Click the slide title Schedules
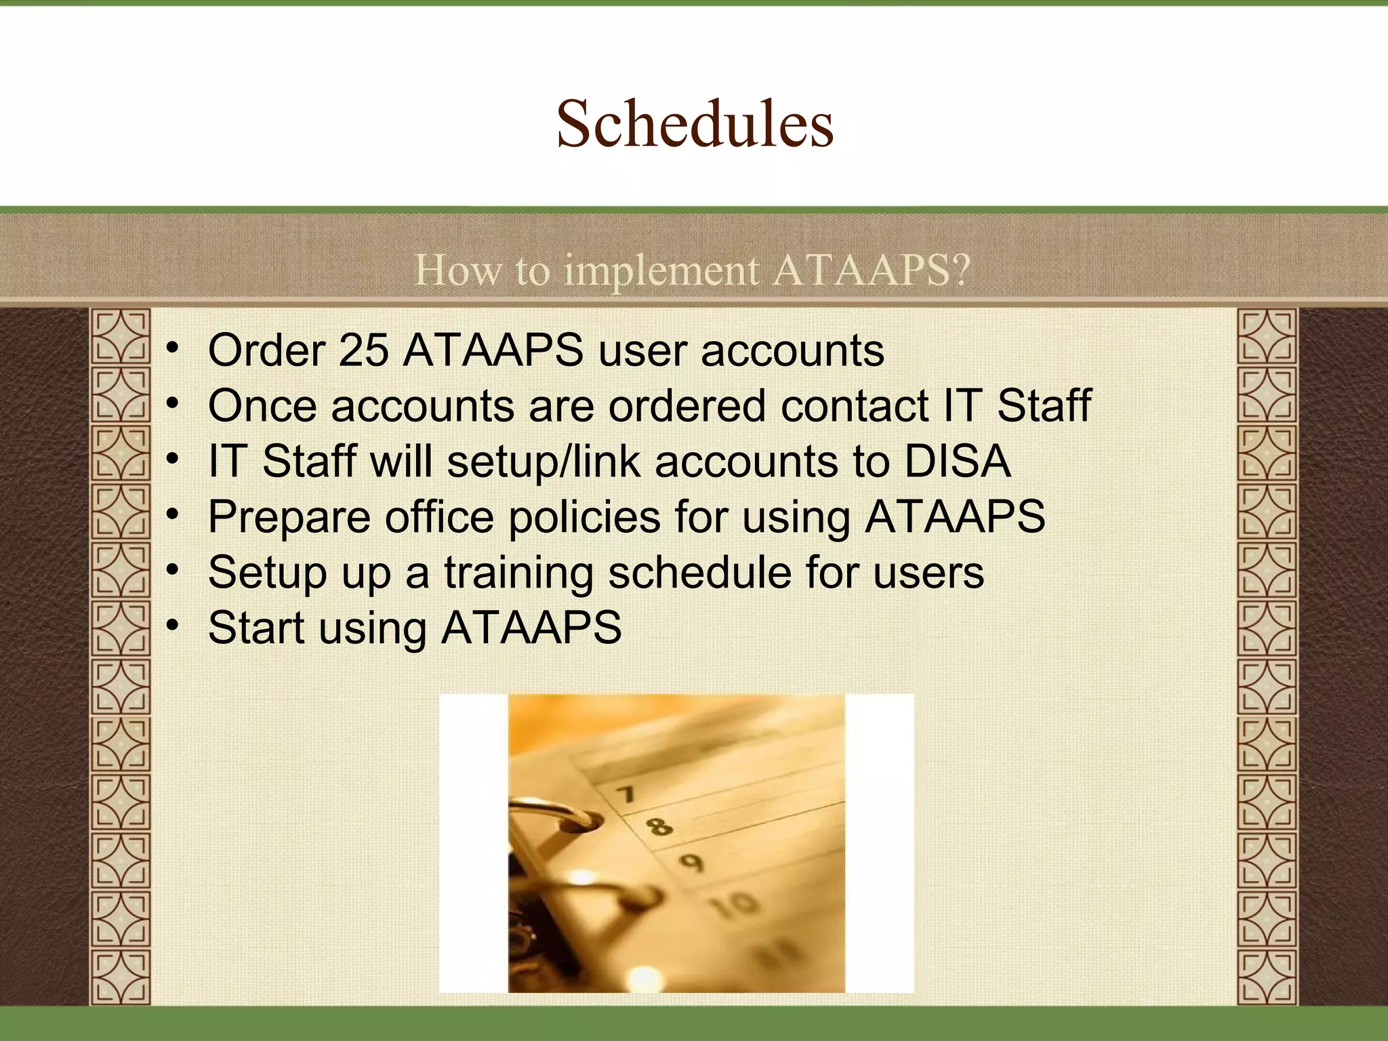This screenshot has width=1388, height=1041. pyautogui.click(x=695, y=123)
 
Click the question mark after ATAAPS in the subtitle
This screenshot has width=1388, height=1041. pyautogui.click(x=961, y=270)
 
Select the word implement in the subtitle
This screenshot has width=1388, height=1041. pyautogui.click(x=661, y=270)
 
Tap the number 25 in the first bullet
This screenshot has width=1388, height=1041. pyautogui.click(x=363, y=350)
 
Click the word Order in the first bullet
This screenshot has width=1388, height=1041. pyautogui.click(x=266, y=350)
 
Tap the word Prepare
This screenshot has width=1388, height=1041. pyautogui.click(x=289, y=518)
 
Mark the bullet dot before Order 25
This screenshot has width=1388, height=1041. pyautogui.click(x=173, y=348)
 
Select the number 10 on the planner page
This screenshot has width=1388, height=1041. pyautogui.click(x=736, y=904)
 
